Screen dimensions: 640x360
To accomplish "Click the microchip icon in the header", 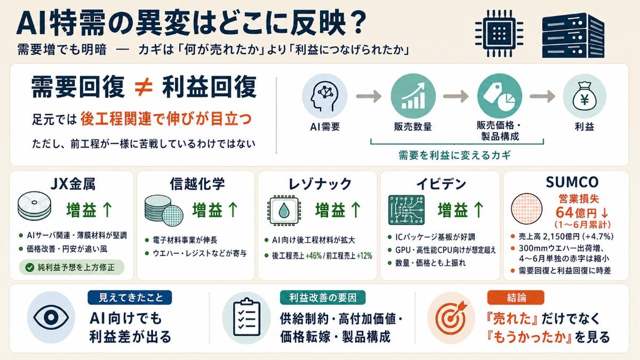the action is (x=499, y=34).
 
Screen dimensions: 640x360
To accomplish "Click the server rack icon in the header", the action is (x=573, y=35).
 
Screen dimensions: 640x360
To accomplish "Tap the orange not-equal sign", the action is (x=143, y=86).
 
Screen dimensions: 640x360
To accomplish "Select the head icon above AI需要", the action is (x=325, y=96).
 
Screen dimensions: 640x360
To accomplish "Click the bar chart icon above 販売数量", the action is (x=413, y=96).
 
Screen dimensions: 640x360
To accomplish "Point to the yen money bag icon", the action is (x=585, y=96).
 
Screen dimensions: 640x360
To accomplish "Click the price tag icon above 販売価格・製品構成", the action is (x=500, y=96).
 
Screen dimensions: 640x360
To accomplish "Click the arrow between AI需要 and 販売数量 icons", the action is (x=369, y=96).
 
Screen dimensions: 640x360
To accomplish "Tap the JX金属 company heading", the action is (x=73, y=183).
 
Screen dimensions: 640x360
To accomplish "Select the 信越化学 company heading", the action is (x=197, y=183).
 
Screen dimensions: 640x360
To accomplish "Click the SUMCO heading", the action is (x=572, y=182).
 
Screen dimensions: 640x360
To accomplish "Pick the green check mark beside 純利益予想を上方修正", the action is (x=30, y=267).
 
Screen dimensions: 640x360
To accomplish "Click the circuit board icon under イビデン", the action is (x=406, y=210).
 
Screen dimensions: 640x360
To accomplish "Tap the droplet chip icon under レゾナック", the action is (x=283, y=211).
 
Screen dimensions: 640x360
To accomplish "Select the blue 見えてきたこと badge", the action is (x=130, y=298).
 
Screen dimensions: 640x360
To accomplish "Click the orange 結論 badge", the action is (x=516, y=298).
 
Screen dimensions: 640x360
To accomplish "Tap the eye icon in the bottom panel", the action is (x=51, y=317).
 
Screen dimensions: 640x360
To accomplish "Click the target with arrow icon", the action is (x=451, y=318).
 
